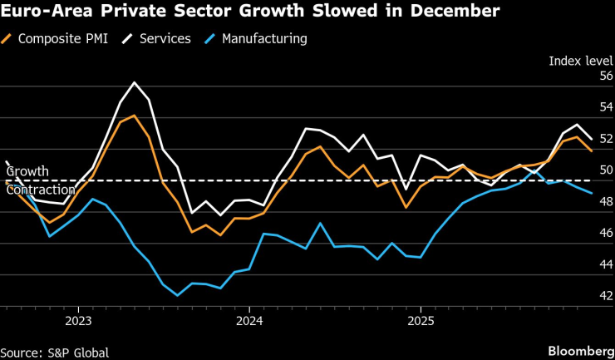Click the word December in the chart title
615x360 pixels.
[455, 12]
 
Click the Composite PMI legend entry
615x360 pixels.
[59, 38]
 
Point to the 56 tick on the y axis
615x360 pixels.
[606, 76]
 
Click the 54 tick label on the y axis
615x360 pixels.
[606, 107]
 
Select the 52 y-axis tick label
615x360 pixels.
[606, 139]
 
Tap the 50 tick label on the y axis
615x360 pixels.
[606, 170]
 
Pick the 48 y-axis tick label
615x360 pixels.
[606, 201]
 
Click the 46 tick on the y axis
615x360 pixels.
[606, 233]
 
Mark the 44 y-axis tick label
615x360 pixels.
[606, 264]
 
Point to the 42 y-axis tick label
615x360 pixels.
[606, 295]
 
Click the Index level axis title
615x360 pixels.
[581, 61]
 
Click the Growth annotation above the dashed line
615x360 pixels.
[27, 171]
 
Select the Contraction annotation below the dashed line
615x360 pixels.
[35, 190]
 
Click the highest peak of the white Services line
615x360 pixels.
[135, 82]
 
